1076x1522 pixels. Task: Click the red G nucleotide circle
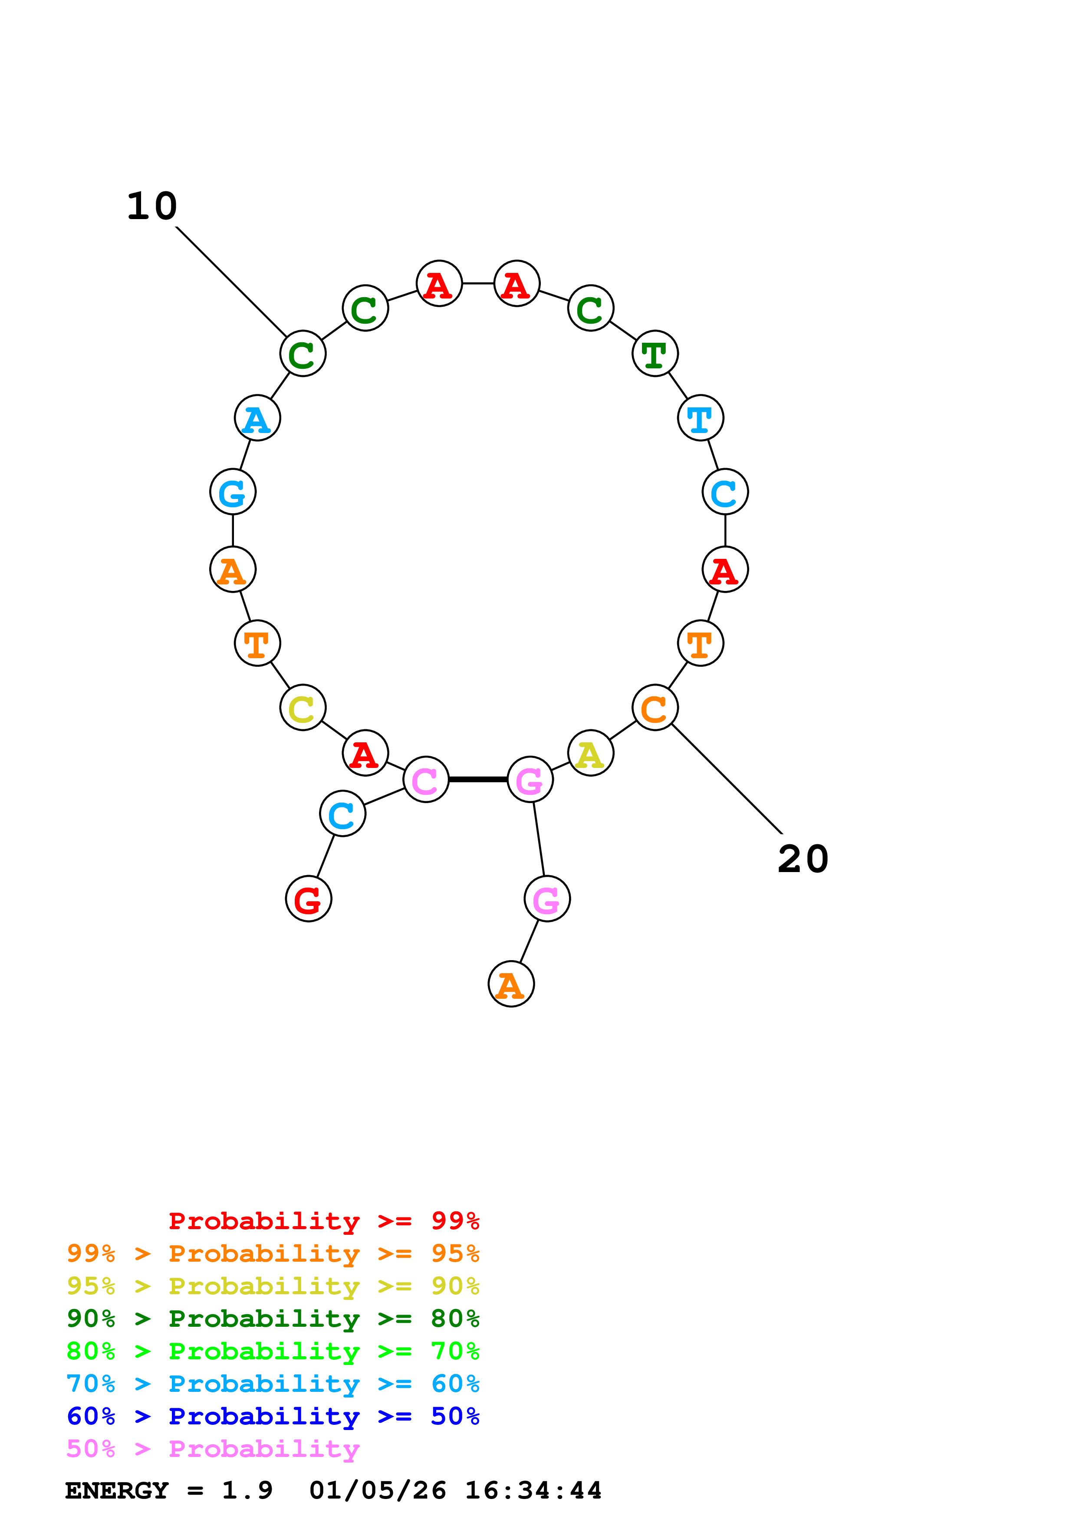pyautogui.click(x=308, y=899)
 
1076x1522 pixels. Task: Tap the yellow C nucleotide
pyautogui.click(x=303, y=708)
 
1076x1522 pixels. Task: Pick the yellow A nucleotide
pyautogui.click(x=590, y=753)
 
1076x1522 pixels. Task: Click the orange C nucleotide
pyautogui.click(x=655, y=708)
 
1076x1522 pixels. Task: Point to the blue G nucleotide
pyautogui.click(x=233, y=492)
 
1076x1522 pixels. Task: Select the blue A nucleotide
pyautogui.click(x=257, y=418)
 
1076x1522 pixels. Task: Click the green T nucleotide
pyautogui.click(x=655, y=353)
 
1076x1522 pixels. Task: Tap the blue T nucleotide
pyautogui.click(x=700, y=418)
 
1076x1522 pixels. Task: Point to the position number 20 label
pyautogui.click(x=803, y=859)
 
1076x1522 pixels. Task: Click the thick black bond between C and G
pyautogui.click(x=478, y=779)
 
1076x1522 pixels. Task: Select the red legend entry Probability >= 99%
pyautogui.click(x=323, y=1220)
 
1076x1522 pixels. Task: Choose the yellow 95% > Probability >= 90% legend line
pyautogui.click(x=273, y=1286)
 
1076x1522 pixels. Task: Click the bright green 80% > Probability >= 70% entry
pyautogui.click(x=273, y=1351)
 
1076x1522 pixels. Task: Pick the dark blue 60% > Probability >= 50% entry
pyautogui.click(x=273, y=1416)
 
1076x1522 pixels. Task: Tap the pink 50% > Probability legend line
pyautogui.click(x=213, y=1448)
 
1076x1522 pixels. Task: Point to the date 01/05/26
pyautogui.click(x=377, y=1490)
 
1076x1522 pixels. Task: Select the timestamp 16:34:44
pyautogui.click(x=533, y=1490)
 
